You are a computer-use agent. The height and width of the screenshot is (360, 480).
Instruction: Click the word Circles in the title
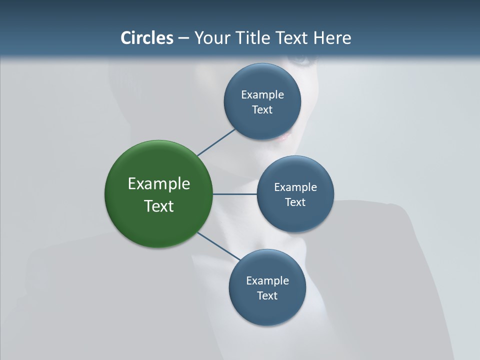tap(147, 37)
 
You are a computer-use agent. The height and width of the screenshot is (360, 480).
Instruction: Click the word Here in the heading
tap(332, 37)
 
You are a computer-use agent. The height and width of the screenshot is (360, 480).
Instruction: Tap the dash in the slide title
tap(183, 38)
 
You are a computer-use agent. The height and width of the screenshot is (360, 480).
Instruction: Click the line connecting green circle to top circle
tap(216, 142)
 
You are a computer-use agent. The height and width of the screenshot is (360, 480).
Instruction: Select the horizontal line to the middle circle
tap(234, 194)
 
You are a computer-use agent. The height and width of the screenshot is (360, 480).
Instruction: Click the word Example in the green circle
tap(159, 183)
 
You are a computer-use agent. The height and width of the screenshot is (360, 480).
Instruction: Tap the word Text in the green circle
tap(159, 206)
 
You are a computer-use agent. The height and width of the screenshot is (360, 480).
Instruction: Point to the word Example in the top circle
tap(262, 94)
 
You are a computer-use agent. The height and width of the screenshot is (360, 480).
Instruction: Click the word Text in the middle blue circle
tap(295, 202)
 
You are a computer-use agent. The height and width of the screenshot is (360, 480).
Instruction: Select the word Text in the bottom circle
tap(267, 295)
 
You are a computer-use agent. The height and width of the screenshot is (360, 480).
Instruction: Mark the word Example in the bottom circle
tap(267, 280)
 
